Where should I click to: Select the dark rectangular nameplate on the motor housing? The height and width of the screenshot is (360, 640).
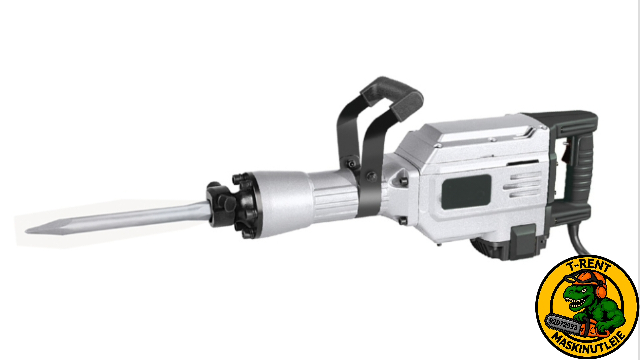pyautogui.click(x=466, y=192)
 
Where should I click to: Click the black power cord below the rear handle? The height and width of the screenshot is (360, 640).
pyautogui.click(x=578, y=238)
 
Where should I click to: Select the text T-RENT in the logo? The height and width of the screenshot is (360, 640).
pyautogui.click(x=589, y=266)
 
